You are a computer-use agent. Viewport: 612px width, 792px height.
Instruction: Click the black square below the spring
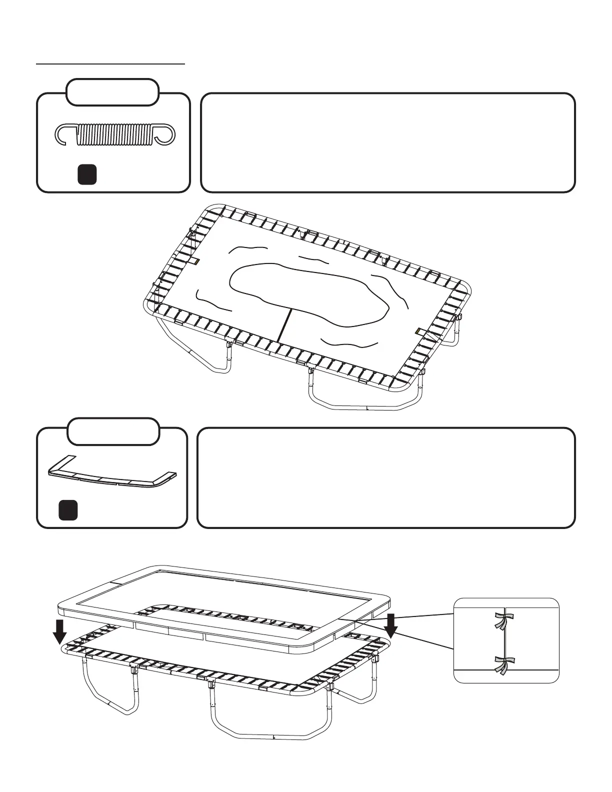(x=87, y=174)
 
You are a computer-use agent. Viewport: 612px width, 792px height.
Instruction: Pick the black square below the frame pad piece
(x=68, y=510)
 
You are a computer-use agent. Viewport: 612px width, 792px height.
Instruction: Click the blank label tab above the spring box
(x=113, y=92)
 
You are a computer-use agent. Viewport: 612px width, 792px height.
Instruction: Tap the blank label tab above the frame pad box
(x=113, y=431)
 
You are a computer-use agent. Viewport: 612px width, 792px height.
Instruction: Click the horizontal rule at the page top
(x=110, y=64)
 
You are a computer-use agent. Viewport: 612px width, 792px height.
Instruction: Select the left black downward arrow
(x=59, y=631)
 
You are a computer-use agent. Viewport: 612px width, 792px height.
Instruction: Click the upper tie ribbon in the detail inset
(x=500, y=620)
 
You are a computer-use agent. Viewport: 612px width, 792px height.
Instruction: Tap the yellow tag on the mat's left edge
(x=197, y=261)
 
